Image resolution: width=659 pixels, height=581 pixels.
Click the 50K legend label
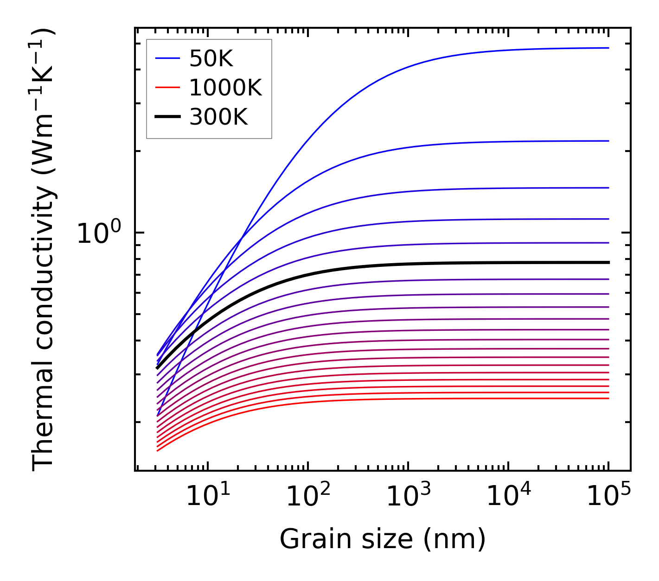tap(211, 59)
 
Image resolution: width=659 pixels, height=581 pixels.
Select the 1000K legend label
tap(225, 88)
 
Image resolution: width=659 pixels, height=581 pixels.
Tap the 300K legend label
tap(218, 117)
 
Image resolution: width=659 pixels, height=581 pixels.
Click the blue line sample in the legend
tap(167, 58)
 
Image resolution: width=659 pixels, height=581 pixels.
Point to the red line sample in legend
tap(167, 88)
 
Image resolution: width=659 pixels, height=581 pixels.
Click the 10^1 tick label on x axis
tap(208, 497)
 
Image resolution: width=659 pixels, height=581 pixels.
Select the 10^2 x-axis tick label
tap(308, 497)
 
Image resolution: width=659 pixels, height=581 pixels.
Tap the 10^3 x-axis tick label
tap(408, 497)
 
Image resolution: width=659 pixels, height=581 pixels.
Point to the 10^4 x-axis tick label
tap(508, 497)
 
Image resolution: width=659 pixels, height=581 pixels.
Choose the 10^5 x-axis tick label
tap(608, 497)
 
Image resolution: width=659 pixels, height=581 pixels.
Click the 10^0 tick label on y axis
tap(98, 233)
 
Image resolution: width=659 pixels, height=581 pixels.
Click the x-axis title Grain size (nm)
tap(383, 539)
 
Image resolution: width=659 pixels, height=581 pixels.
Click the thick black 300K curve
tap(371, 265)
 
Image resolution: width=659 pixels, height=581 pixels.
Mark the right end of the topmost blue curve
tap(608, 48)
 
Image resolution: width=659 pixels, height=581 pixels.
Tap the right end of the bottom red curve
tap(608, 398)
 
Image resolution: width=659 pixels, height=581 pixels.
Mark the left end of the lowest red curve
tap(158, 450)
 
